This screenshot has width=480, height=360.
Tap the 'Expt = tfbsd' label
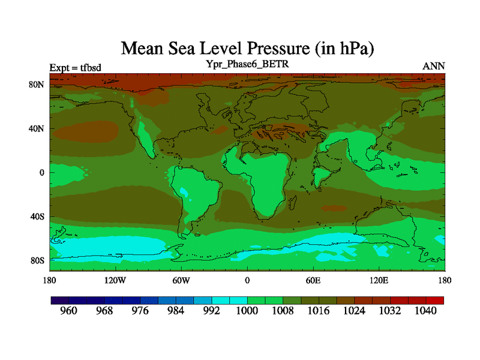point(75,67)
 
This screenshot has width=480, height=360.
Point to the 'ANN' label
point(434,67)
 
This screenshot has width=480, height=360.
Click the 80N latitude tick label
point(38,85)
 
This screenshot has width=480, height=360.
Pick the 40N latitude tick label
point(38,128)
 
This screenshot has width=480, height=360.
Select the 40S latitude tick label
point(38,217)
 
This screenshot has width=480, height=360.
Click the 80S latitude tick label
point(38,261)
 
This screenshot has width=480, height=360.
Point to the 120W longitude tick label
point(115,280)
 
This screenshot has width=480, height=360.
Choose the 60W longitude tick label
point(181,280)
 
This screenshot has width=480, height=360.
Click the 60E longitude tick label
point(313,280)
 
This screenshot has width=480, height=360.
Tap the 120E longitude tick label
point(379,280)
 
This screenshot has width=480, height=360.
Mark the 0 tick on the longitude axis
point(247,280)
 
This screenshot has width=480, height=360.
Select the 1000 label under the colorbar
point(247,311)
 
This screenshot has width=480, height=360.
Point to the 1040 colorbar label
point(425,311)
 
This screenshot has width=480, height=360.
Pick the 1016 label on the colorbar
point(319,311)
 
